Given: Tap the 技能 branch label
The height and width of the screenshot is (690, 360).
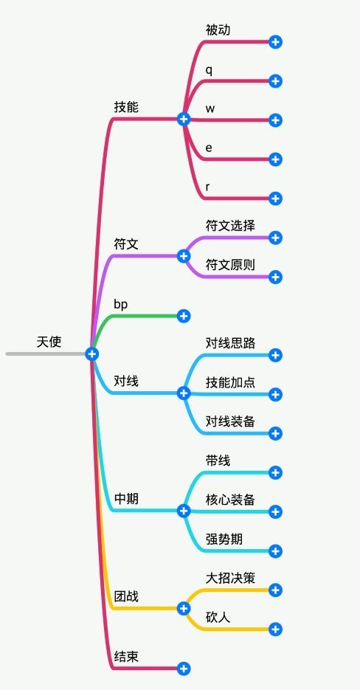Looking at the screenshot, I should (126, 107).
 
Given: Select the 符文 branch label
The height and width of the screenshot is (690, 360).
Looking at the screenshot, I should (126, 244).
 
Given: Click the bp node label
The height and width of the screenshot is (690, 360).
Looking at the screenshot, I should (121, 303).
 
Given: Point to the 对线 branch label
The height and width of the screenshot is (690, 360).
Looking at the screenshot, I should (126, 381).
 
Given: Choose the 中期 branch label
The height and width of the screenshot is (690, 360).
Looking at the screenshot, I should (126, 499).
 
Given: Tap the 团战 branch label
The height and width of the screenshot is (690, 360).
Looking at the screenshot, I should (126, 596).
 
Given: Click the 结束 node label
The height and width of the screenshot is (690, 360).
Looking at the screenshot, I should (126, 656).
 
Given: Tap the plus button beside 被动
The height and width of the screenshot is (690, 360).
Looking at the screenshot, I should (276, 42).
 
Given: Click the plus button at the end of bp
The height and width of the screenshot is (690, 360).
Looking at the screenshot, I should (184, 316).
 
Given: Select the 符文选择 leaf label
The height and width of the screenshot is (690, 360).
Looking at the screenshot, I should (230, 225).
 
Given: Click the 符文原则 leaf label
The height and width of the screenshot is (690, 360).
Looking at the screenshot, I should (230, 264).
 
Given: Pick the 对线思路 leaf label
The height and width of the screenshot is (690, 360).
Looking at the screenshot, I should (230, 342).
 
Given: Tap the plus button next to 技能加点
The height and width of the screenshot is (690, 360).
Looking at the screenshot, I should (276, 394).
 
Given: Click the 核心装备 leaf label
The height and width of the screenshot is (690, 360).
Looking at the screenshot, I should (230, 500).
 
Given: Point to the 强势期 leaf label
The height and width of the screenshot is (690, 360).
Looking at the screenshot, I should (224, 539).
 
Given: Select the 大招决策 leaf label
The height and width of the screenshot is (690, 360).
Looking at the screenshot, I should (230, 578).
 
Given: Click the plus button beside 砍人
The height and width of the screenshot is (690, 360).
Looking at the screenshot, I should (276, 629).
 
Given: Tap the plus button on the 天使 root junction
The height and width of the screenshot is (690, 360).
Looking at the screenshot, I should (91, 354).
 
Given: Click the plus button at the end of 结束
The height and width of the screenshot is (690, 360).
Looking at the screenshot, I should (184, 669).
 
